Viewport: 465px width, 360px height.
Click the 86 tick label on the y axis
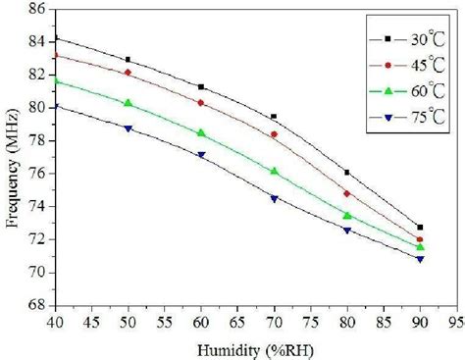31,10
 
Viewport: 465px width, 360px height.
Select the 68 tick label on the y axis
31,305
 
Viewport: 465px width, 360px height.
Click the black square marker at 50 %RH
128,60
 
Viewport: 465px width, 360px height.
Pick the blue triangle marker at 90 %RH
420,259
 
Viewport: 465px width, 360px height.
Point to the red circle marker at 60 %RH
201,103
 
